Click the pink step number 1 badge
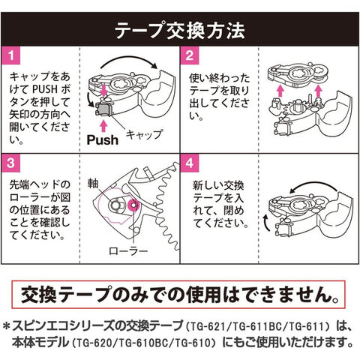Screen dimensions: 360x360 (10, 55)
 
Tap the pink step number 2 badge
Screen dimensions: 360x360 (190, 55)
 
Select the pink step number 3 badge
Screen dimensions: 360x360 (10, 163)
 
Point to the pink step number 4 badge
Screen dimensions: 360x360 (190, 163)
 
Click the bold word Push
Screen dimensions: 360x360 (103, 140)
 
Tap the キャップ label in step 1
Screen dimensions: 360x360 (144, 134)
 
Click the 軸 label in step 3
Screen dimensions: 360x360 (93, 184)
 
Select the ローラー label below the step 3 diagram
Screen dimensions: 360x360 (128, 250)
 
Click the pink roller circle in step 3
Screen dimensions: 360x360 (133, 205)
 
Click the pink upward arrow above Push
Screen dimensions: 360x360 (103, 126)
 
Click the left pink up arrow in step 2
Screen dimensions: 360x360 (280, 91)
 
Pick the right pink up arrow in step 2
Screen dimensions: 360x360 (318, 91)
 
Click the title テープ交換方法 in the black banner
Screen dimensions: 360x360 (180, 31)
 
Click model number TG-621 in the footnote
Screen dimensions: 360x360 (208, 327)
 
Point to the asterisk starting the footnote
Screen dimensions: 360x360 (7, 327)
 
